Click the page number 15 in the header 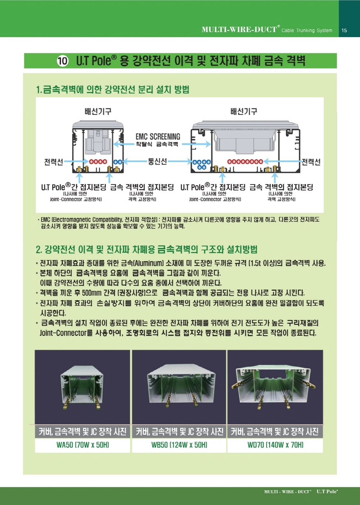point(344,30)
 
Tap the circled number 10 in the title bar point(63,61)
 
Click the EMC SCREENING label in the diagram point(158,137)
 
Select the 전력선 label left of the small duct point(53,162)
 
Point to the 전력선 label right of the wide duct point(311,162)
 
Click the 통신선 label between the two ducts point(157,161)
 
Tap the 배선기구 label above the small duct point(98,111)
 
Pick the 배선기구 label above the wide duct point(243,111)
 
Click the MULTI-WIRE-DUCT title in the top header point(239,30)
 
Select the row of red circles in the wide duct point(245,161)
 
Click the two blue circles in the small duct point(118,162)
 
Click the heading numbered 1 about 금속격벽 point(113,90)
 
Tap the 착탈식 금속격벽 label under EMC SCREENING point(157,144)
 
